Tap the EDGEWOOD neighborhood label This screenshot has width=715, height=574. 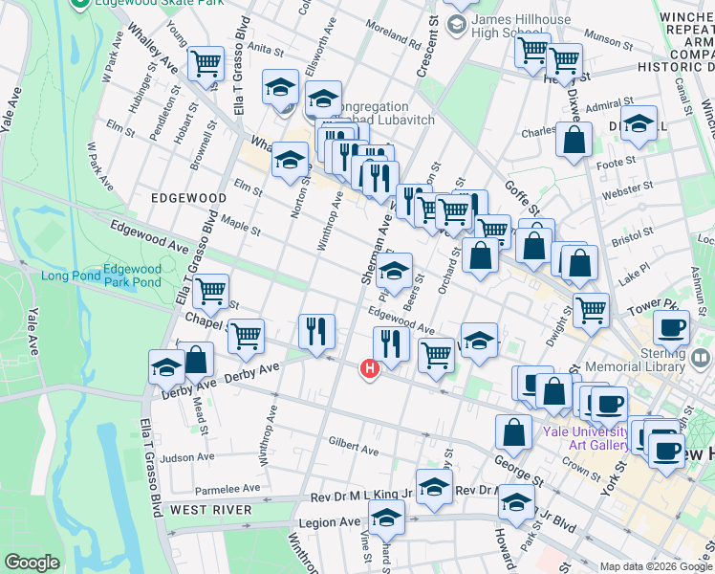(x=188, y=198)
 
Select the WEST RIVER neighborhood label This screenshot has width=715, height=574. (x=211, y=510)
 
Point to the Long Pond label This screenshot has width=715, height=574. (x=69, y=276)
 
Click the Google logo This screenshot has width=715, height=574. (x=32, y=563)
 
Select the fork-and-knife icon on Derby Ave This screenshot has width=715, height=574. (x=316, y=331)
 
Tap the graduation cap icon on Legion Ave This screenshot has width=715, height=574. (x=386, y=518)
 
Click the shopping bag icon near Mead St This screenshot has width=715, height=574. (x=196, y=360)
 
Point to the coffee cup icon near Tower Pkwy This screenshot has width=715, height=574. (x=671, y=327)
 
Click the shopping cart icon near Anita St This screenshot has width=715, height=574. (x=206, y=64)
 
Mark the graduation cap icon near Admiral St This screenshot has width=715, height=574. (x=639, y=122)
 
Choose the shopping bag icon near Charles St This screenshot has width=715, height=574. (x=574, y=140)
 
